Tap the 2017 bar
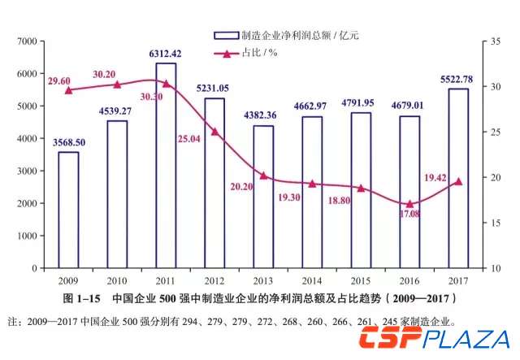click(x=458, y=178)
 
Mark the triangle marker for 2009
click(x=68, y=89)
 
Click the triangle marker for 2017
click(x=458, y=181)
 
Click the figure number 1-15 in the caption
click(x=84, y=297)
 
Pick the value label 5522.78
click(x=458, y=80)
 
